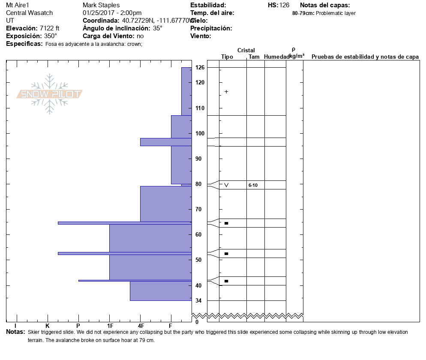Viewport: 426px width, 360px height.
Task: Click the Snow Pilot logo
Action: pyautogui.click(x=50, y=94)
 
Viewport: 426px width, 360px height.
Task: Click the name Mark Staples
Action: pyautogui.click(x=101, y=5)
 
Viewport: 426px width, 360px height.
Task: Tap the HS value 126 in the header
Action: pyautogui.click(x=284, y=5)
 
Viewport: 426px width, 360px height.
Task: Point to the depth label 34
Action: pyautogui.click(x=199, y=300)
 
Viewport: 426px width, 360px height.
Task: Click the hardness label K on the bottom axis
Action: pyautogui.click(x=47, y=327)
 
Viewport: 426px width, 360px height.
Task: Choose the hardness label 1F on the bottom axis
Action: pyautogui.click(x=110, y=327)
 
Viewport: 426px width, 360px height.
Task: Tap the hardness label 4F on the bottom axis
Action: pyautogui.click(x=141, y=327)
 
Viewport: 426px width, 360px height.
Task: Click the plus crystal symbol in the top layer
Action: pyautogui.click(x=226, y=92)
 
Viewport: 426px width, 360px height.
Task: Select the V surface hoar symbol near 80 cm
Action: pyautogui.click(x=226, y=185)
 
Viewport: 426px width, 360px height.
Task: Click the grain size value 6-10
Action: pyautogui.click(x=253, y=185)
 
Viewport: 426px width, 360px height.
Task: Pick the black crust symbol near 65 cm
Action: pyautogui.click(x=226, y=223)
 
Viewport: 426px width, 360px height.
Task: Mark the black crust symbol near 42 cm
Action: pyautogui.click(x=226, y=281)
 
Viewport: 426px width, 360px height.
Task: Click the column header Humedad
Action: pyautogui.click(x=276, y=57)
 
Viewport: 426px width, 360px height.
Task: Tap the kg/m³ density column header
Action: pyautogui.click(x=297, y=56)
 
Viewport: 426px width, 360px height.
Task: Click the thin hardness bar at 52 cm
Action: pyautogui.click(x=124, y=253)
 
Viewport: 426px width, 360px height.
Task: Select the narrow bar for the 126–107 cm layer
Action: pyautogui.click(x=186, y=91)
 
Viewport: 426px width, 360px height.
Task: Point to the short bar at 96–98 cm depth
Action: pyautogui.click(x=165, y=142)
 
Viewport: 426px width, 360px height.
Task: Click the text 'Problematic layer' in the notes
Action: pyautogui.click(x=336, y=13)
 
